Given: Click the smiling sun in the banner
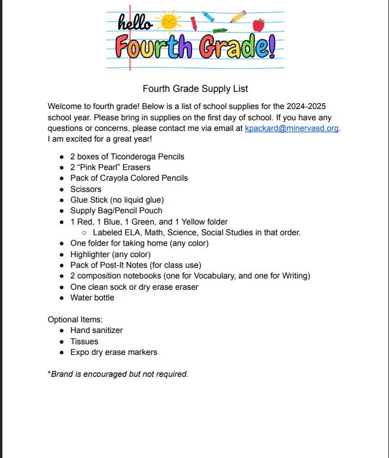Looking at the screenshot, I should [x=169, y=21].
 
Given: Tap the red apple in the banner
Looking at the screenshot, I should [x=258, y=25].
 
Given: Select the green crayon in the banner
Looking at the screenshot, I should [x=219, y=29].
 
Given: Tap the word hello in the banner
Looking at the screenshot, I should [x=135, y=23].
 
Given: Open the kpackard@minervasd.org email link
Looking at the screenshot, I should [x=292, y=128].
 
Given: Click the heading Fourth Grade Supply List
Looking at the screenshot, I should [x=195, y=89].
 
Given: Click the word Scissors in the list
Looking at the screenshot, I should [x=86, y=189].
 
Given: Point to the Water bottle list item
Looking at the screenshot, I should [x=92, y=297].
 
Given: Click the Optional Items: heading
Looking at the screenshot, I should [x=75, y=319].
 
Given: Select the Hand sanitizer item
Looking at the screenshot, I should [x=96, y=330].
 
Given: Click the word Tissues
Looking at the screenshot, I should [x=84, y=341].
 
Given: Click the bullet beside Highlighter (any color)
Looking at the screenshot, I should [x=63, y=255].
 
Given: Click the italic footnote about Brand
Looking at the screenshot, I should [x=118, y=374].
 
